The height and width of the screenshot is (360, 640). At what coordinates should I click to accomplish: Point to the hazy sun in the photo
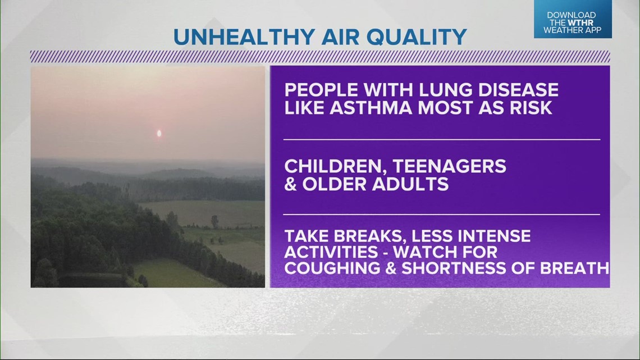click(x=159, y=134)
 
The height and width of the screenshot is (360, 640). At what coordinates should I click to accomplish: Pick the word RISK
click(x=531, y=108)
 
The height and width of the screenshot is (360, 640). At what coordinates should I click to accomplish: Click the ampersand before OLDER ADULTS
click(x=291, y=184)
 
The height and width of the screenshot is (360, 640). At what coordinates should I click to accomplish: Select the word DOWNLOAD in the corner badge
click(x=573, y=15)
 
